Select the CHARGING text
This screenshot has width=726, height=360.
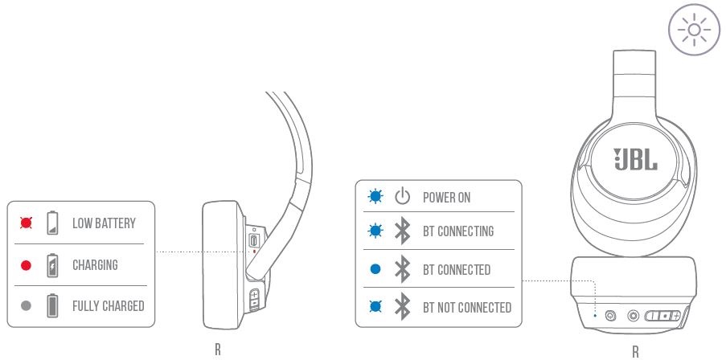pos(95,264)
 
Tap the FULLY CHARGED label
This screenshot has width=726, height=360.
pos(108,306)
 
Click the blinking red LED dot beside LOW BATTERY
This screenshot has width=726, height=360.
pos(26,223)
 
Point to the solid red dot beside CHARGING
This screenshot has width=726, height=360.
pos(26,264)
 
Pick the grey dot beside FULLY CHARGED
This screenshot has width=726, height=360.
pos(26,306)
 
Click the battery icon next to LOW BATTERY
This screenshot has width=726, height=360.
pos(53,223)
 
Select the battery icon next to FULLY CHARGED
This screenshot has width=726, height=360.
pos(53,306)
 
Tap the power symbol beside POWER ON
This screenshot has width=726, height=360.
pos(403,197)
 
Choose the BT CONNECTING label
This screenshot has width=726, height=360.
pos(458,232)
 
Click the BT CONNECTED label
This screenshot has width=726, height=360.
pos(457,269)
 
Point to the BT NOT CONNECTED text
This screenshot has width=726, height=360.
pos(467,307)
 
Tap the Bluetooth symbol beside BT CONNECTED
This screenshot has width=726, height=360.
pos(403,269)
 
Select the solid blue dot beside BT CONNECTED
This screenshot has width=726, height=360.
pos(375,269)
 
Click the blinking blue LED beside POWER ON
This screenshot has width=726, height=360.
pos(375,197)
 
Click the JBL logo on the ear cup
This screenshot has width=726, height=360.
pos(635,158)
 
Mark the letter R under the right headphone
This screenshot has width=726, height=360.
pos(635,351)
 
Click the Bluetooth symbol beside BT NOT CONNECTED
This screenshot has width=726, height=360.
pos(403,307)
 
